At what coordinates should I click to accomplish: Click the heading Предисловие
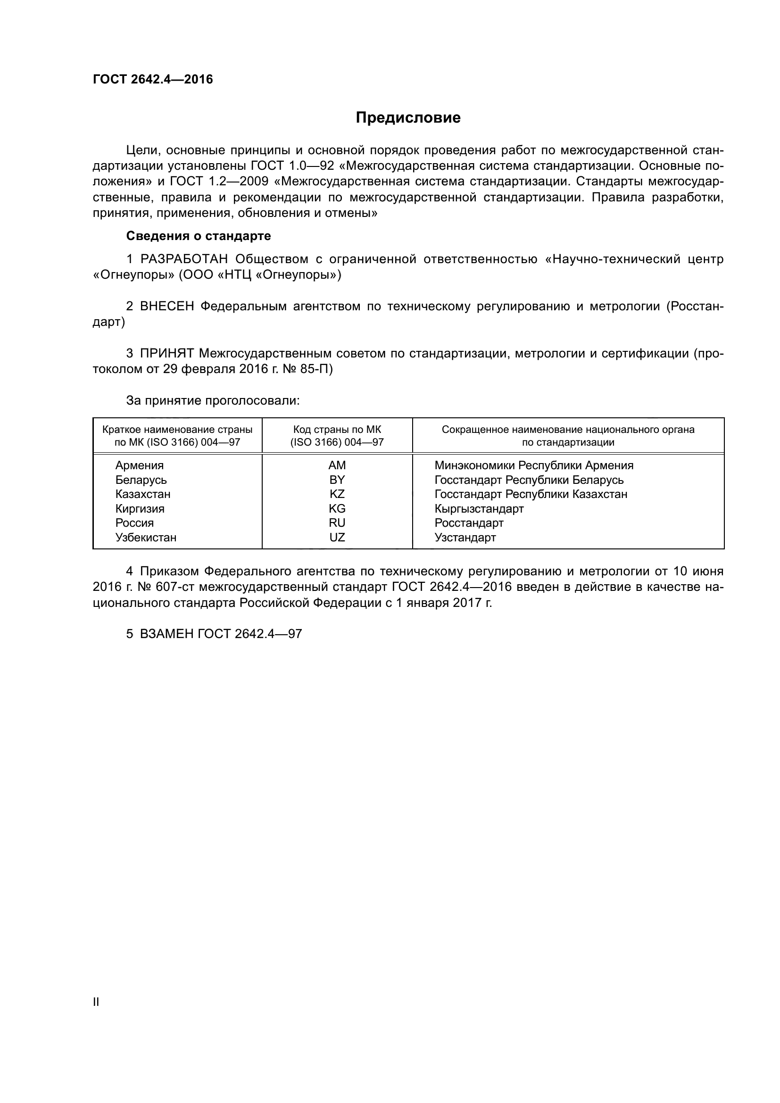point(408,118)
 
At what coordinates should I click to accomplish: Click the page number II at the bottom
point(96,1002)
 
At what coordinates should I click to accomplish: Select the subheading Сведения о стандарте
point(199,236)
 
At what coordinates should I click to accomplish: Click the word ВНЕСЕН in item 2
point(166,307)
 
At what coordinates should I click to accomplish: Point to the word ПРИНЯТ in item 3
point(166,354)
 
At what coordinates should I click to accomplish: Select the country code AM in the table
point(337,465)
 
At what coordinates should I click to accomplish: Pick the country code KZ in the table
point(337,494)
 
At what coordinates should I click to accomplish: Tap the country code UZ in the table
point(337,538)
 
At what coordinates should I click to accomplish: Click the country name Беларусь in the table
point(141,480)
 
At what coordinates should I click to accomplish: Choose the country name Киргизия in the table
point(140,509)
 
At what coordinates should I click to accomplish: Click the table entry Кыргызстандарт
point(479,509)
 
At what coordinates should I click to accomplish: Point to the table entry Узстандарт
point(465,538)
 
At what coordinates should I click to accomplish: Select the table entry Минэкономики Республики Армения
point(534,465)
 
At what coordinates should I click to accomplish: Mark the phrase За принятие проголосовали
point(213,401)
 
